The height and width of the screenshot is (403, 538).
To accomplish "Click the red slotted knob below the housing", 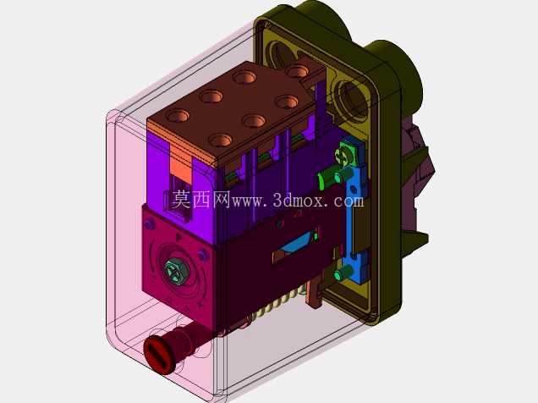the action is point(160,355).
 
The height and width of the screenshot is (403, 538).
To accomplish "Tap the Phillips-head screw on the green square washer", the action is point(343,152).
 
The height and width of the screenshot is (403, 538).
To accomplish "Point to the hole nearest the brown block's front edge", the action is point(220,141).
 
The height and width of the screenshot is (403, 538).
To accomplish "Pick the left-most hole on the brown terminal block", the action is point(178,115).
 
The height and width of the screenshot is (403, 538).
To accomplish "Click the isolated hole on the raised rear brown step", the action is point(297,71).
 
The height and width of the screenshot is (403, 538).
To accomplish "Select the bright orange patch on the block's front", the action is point(180,169).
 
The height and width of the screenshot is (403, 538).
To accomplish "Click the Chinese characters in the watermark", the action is point(200,200).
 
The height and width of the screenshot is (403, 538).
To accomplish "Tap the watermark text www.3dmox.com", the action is point(298,200).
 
